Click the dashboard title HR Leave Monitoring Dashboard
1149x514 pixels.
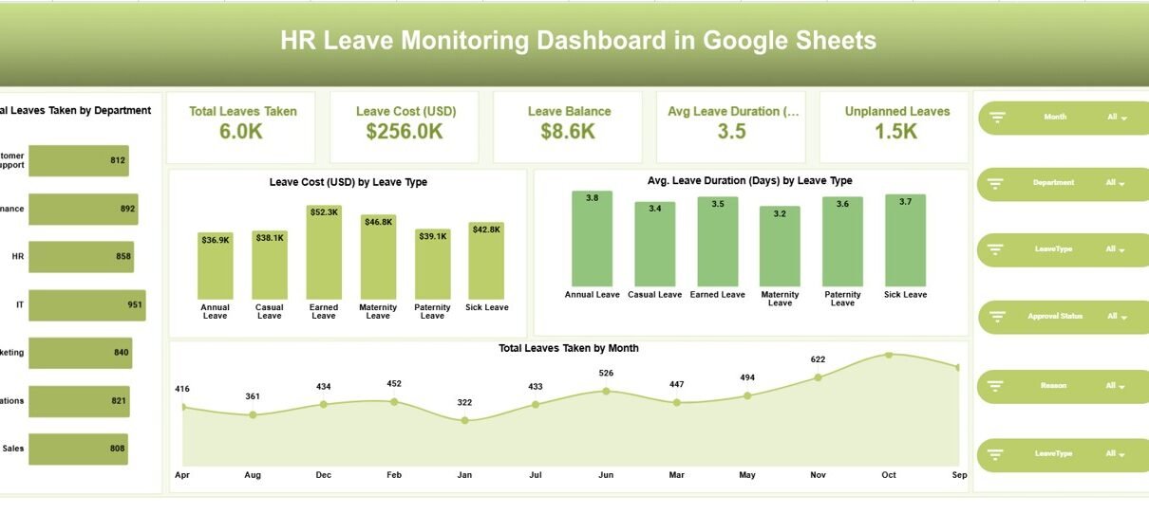[x=577, y=41]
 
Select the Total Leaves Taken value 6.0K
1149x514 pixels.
[x=241, y=132]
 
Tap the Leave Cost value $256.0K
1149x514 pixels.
[x=405, y=132]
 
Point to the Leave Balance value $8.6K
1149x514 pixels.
[x=568, y=132]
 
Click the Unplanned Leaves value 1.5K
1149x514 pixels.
[x=896, y=132]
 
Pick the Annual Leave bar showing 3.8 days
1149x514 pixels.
[x=593, y=238]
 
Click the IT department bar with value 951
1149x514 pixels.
[x=87, y=305]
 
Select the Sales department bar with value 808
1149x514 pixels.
[x=78, y=449]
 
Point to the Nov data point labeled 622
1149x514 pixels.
[x=819, y=377]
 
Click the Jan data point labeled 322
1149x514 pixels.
[x=464, y=419]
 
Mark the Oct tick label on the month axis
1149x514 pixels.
[x=889, y=474]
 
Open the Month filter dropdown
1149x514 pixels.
[x=1117, y=118]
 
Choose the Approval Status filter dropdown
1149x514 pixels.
[x=1117, y=317]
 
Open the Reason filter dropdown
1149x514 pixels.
[x=1117, y=386]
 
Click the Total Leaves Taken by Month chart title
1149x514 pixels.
[x=568, y=348]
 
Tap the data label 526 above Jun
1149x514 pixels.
[x=606, y=373]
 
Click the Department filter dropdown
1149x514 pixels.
[x=1117, y=183]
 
